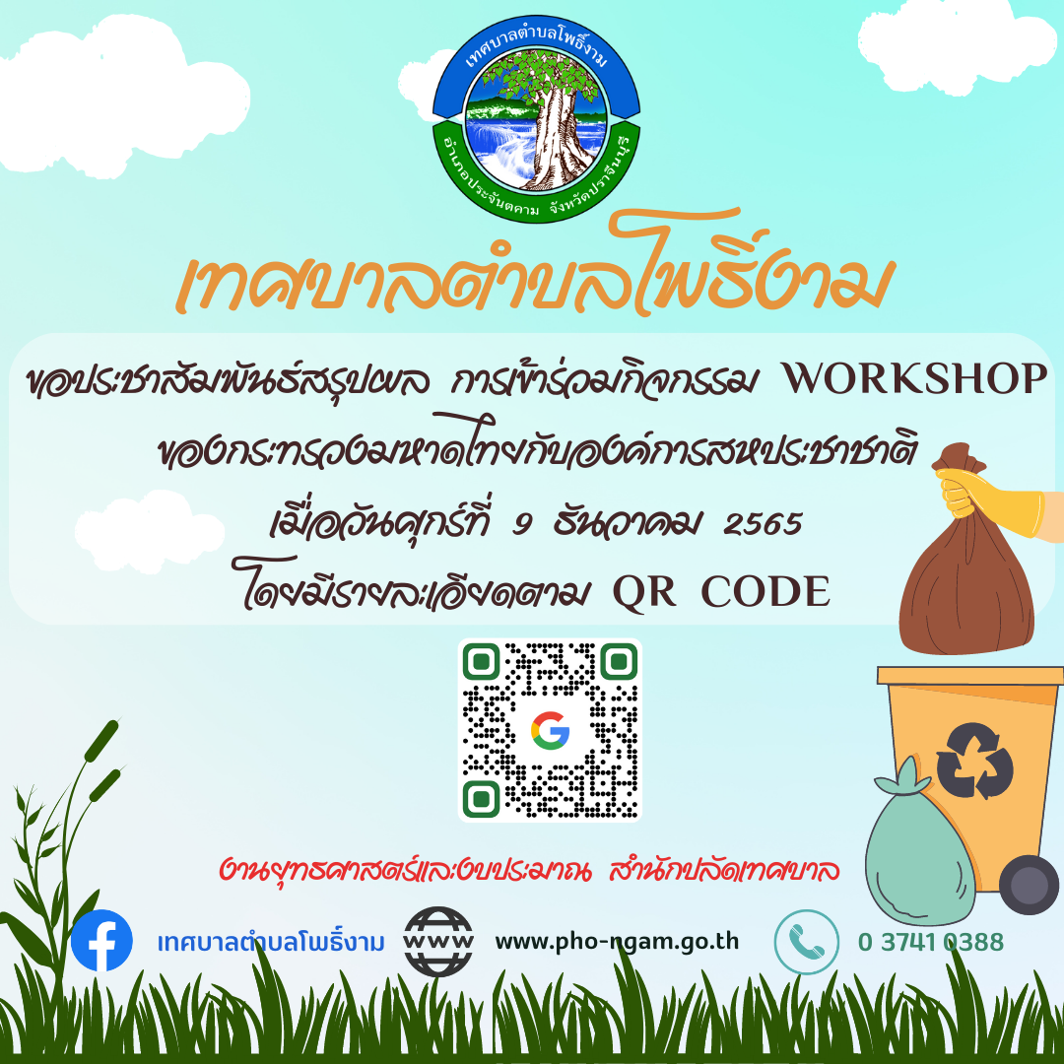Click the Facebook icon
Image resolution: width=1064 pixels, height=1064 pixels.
[x=101, y=940]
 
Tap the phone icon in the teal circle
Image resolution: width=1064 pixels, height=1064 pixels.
[x=807, y=942]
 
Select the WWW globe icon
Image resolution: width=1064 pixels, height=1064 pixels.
[x=438, y=941]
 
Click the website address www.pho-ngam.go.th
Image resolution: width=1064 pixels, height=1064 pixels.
[x=617, y=942]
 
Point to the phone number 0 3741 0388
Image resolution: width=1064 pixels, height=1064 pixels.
[x=930, y=942]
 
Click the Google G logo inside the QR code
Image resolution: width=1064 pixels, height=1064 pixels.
[x=550, y=731]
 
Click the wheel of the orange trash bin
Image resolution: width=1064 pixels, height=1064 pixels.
[x=1029, y=884]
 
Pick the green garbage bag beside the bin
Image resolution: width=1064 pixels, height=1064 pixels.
[x=919, y=848]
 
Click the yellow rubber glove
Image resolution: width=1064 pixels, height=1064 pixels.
[x=991, y=502]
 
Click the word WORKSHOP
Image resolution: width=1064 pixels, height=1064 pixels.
[x=914, y=378]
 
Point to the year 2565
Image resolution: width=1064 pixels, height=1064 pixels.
[x=763, y=524]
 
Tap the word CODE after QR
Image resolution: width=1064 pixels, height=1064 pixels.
[x=765, y=591]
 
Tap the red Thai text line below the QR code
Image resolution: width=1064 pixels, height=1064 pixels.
[x=530, y=869]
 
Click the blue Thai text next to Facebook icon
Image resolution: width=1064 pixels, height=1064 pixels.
[x=271, y=942]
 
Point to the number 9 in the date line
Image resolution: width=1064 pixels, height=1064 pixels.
[x=521, y=524]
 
